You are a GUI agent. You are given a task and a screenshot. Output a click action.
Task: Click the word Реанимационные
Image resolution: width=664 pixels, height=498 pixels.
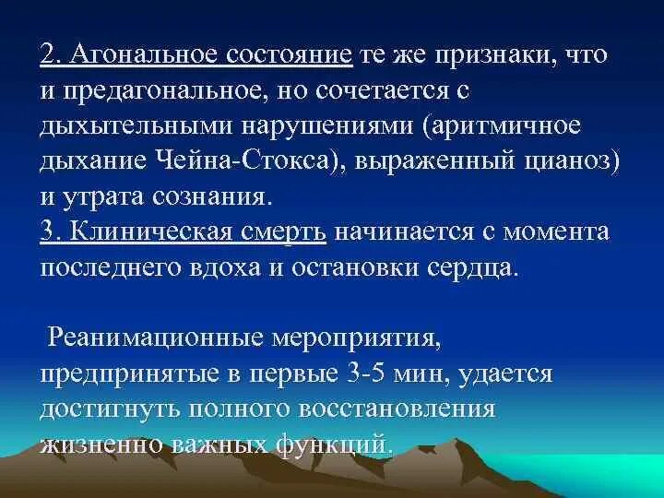coord(164,338)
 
